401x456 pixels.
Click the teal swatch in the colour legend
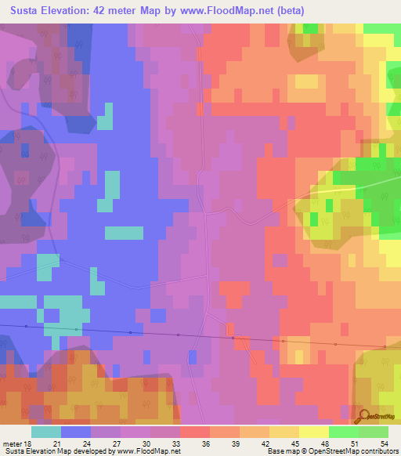[x=46, y=432]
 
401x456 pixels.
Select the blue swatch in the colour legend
[x=76, y=432]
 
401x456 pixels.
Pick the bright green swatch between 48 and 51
[x=344, y=432]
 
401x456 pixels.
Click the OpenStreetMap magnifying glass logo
[x=364, y=416]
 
